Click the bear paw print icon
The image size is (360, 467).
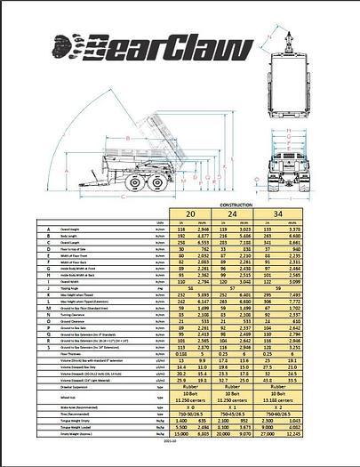click(x=69, y=44)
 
